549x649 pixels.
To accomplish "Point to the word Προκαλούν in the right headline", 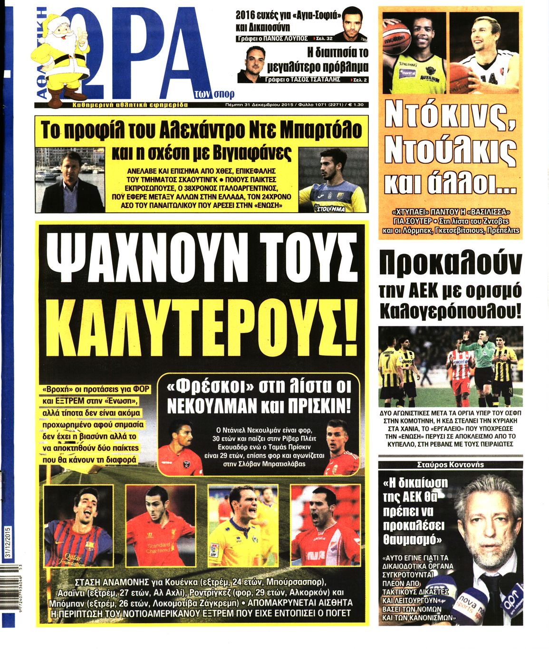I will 451,265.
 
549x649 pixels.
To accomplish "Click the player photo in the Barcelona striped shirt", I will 78,525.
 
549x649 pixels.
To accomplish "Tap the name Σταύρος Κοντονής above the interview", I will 450,464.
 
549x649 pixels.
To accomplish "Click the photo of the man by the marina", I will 70,180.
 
